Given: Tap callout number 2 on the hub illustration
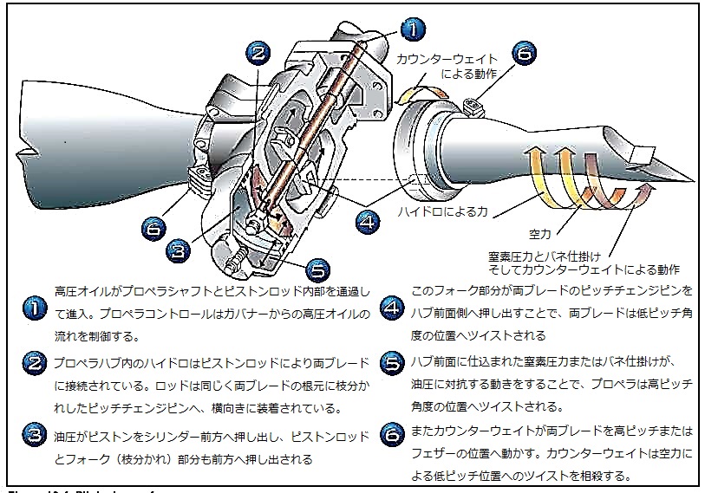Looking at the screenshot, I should click(258, 53).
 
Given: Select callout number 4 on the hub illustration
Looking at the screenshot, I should click(368, 221).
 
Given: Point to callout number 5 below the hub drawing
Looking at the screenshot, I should click(317, 268).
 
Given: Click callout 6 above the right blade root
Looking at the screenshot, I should click(523, 53).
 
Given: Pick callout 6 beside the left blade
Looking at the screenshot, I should click(153, 230).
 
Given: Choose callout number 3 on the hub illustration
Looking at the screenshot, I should click(178, 251).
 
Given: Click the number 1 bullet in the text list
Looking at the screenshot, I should click(33, 308).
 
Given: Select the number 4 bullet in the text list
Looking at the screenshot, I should click(393, 308).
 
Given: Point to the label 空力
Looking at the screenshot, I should click(540, 234).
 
